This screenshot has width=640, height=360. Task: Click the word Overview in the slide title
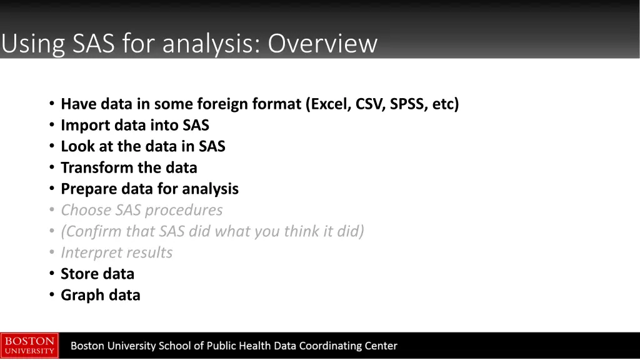coord(323,44)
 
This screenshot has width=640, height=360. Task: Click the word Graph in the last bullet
coord(80,296)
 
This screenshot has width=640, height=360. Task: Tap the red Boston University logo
coord(29,346)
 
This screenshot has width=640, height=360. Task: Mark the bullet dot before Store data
coord(52,274)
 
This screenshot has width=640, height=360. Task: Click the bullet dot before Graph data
coord(52,296)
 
